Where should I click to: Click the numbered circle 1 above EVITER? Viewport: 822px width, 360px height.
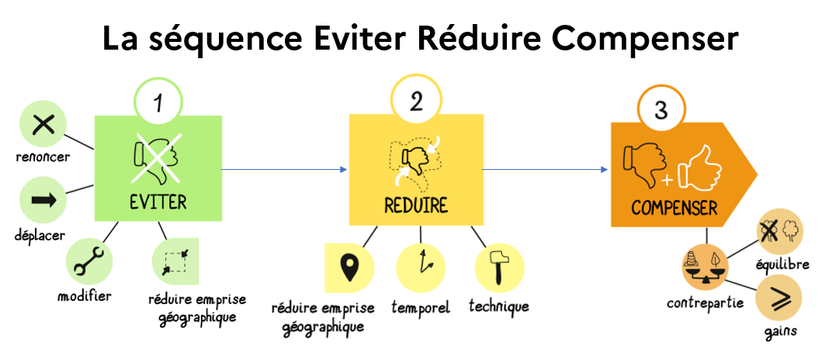pos(159,104)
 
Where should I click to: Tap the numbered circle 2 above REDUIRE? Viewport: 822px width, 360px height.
pos(416,102)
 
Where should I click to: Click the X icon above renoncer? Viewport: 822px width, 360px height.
pos(43,126)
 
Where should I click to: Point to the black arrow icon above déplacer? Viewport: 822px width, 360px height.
pos(43,200)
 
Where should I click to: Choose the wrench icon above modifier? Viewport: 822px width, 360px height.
pos(88,262)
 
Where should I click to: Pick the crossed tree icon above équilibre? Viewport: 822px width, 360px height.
pos(780,232)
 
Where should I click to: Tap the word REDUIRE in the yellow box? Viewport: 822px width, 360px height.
pos(416,206)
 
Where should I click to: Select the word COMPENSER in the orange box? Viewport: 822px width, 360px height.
pos(674,208)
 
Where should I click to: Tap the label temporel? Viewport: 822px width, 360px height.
pos(422,308)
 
